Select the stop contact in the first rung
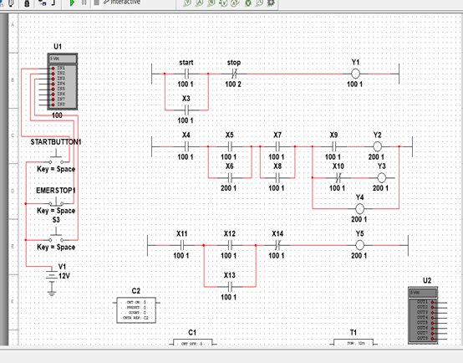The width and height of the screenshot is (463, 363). pyautogui.click(x=233, y=74)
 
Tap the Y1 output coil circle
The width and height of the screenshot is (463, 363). pyautogui.click(x=354, y=74)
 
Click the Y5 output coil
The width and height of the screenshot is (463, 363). pyautogui.click(x=359, y=244)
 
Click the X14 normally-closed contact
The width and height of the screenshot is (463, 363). pyautogui.click(x=277, y=244)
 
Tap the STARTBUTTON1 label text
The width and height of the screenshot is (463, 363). pyautogui.click(x=56, y=142)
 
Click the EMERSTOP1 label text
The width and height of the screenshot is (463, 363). pyautogui.click(x=56, y=191)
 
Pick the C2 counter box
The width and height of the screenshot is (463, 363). pyautogui.click(x=136, y=309)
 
